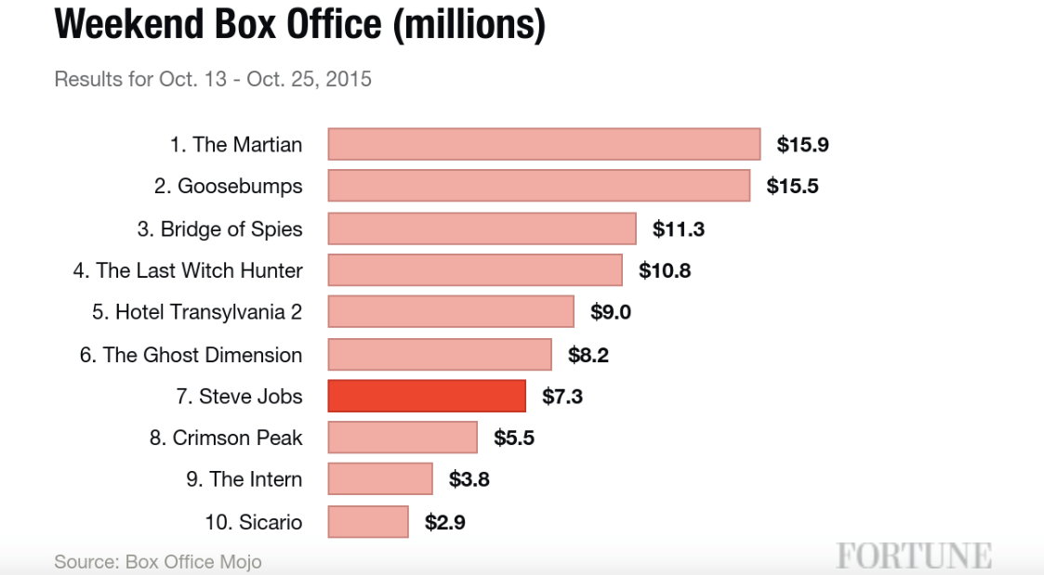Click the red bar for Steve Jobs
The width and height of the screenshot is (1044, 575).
tap(427, 396)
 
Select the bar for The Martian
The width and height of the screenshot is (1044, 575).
tap(544, 144)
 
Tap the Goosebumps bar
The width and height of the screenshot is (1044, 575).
tap(538, 186)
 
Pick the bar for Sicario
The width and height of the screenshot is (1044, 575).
tap(368, 521)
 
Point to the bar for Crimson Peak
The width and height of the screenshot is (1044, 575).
tap(403, 438)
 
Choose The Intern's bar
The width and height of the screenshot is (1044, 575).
tap(380, 479)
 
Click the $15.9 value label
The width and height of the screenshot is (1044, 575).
tap(802, 145)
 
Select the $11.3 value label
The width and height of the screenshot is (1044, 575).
tap(679, 229)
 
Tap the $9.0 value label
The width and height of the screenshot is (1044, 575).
tap(611, 312)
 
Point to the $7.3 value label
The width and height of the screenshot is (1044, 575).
tap(562, 397)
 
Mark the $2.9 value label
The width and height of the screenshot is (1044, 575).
tap(445, 522)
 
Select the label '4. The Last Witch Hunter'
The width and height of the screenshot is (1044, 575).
tap(188, 270)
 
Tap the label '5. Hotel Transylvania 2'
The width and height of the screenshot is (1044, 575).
tap(197, 312)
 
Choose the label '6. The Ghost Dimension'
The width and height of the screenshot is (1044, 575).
tap(191, 355)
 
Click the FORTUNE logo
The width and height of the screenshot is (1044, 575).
tap(913, 555)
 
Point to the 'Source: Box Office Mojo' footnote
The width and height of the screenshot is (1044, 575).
tap(158, 561)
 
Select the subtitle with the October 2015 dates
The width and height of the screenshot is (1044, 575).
tap(213, 79)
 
